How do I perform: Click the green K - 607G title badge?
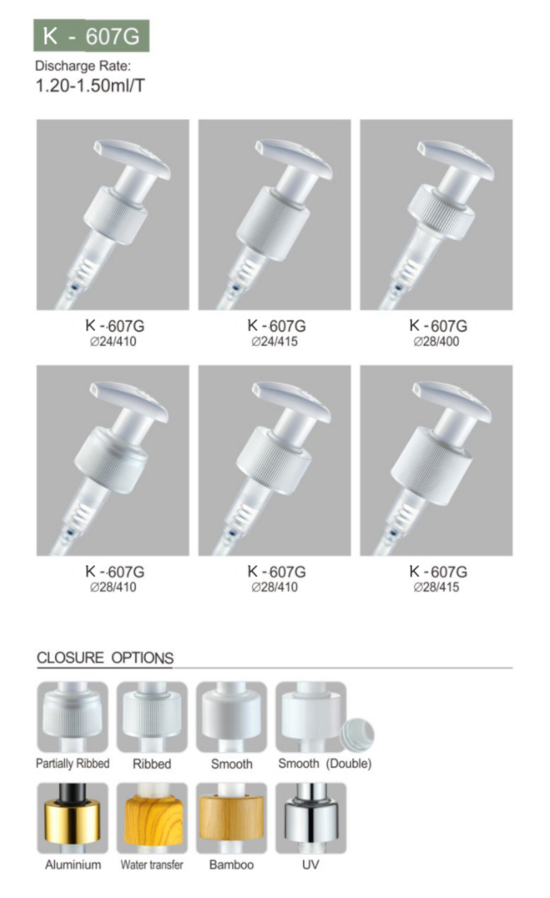(x=91, y=36)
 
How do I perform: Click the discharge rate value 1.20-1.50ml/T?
(x=90, y=86)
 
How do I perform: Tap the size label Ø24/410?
(x=114, y=342)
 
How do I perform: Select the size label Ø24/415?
(x=274, y=342)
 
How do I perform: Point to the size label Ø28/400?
(x=436, y=342)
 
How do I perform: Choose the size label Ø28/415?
(x=436, y=587)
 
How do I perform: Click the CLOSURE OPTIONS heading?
(x=105, y=658)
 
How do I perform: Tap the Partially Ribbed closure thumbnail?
(x=72, y=716)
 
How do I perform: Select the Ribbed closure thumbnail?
(x=151, y=716)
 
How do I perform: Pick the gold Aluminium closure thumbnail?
(x=72, y=818)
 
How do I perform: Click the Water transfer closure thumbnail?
(x=151, y=818)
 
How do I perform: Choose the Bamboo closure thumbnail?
(x=231, y=818)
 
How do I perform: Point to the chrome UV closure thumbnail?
(x=311, y=818)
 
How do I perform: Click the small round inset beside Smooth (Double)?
(x=357, y=735)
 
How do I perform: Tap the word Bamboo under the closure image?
(x=231, y=865)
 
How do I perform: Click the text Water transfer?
(x=151, y=865)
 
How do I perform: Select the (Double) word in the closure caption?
(x=348, y=763)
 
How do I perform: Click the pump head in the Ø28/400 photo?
(x=454, y=157)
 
